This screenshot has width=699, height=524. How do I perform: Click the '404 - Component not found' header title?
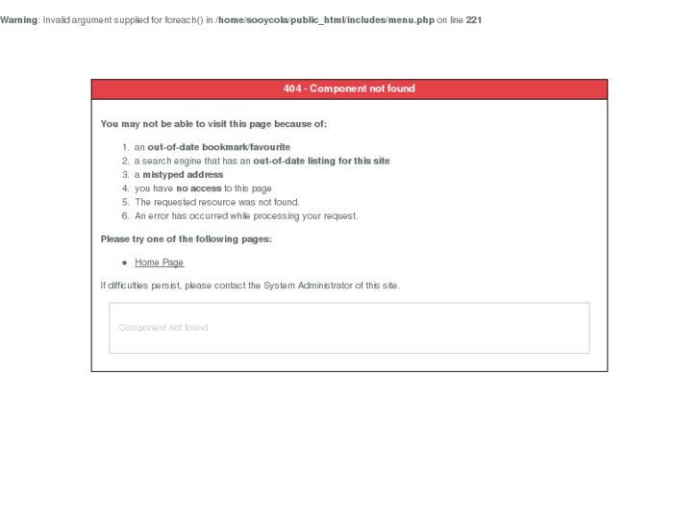[349, 88]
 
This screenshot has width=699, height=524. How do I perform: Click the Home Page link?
[159, 262]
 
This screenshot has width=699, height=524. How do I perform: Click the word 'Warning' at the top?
[18, 20]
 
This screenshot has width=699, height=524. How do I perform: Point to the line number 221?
[474, 20]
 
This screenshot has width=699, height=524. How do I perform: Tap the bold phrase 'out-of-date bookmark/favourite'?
[218, 147]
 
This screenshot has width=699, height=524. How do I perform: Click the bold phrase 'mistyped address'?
[183, 175]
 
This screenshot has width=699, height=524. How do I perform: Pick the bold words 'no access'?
[199, 188]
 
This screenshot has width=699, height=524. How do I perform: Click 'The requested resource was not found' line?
[216, 202]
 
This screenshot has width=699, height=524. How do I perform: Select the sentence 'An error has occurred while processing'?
[245, 215]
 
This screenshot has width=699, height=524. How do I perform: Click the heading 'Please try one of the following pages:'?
[186, 238]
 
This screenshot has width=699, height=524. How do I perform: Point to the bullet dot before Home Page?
[125, 262]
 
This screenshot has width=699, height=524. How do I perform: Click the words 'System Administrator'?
[308, 286]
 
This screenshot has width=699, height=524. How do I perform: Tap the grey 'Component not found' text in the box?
[163, 328]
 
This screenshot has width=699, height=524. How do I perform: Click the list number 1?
[125, 147]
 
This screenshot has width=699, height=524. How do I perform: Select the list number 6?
[125, 215]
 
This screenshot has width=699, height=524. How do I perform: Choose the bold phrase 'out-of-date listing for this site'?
[321, 161]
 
